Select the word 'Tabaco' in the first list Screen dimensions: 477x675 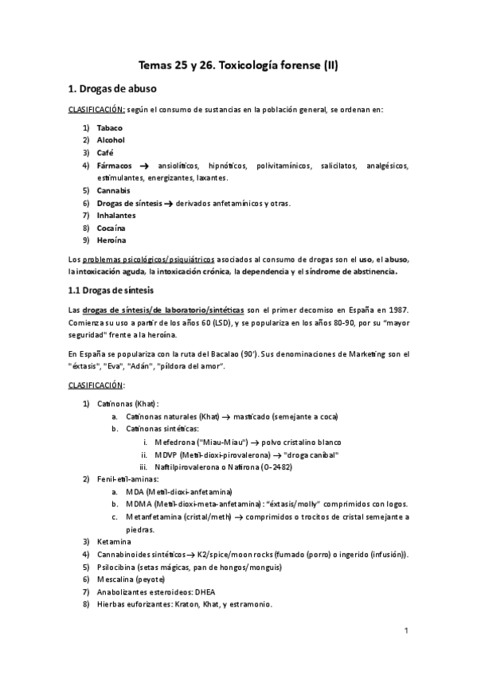(x=111, y=127)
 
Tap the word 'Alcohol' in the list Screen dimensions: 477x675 (x=111, y=140)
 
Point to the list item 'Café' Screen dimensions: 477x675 (x=105, y=153)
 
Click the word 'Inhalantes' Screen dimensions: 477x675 (x=116, y=216)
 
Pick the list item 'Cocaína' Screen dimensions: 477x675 (x=111, y=228)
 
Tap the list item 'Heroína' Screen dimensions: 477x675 (x=111, y=240)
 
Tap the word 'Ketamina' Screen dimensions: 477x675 (x=115, y=541)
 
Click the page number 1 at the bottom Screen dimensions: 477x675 (x=405, y=632)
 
